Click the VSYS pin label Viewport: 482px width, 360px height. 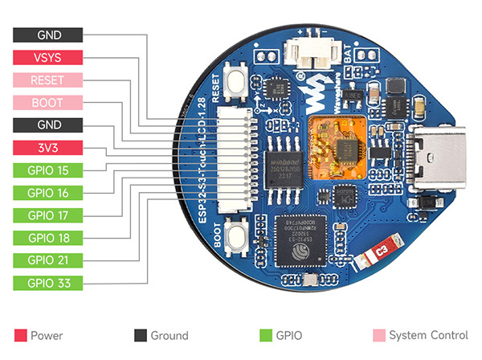click(x=48, y=57)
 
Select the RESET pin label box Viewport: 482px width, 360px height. click(x=48, y=80)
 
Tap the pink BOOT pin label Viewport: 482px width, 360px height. click(x=48, y=102)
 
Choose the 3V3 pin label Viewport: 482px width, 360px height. click(x=48, y=147)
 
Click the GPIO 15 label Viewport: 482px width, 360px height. click(x=48, y=170)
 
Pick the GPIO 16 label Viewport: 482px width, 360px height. click(x=48, y=193)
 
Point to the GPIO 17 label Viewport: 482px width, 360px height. click(x=48, y=215)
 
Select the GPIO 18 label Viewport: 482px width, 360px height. click(x=48, y=238)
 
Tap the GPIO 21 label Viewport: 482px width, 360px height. click(x=48, y=260)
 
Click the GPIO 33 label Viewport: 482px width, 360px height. click(x=48, y=283)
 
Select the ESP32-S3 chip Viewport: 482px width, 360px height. click(x=299, y=239)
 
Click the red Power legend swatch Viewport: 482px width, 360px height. click(x=20, y=335)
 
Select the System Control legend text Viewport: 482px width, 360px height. click(x=427, y=335)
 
